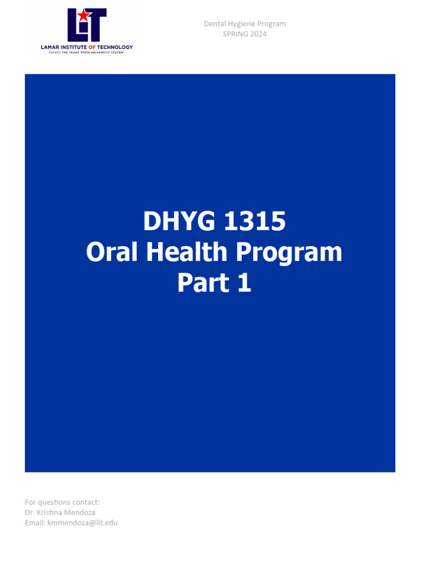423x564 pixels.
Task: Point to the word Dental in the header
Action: pyautogui.click(x=214, y=24)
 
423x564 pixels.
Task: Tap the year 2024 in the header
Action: pyautogui.click(x=258, y=34)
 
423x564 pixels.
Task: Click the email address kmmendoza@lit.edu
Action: pyautogui.click(x=82, y=522)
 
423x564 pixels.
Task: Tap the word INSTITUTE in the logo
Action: pyautogui.click(x=74, y=47)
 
